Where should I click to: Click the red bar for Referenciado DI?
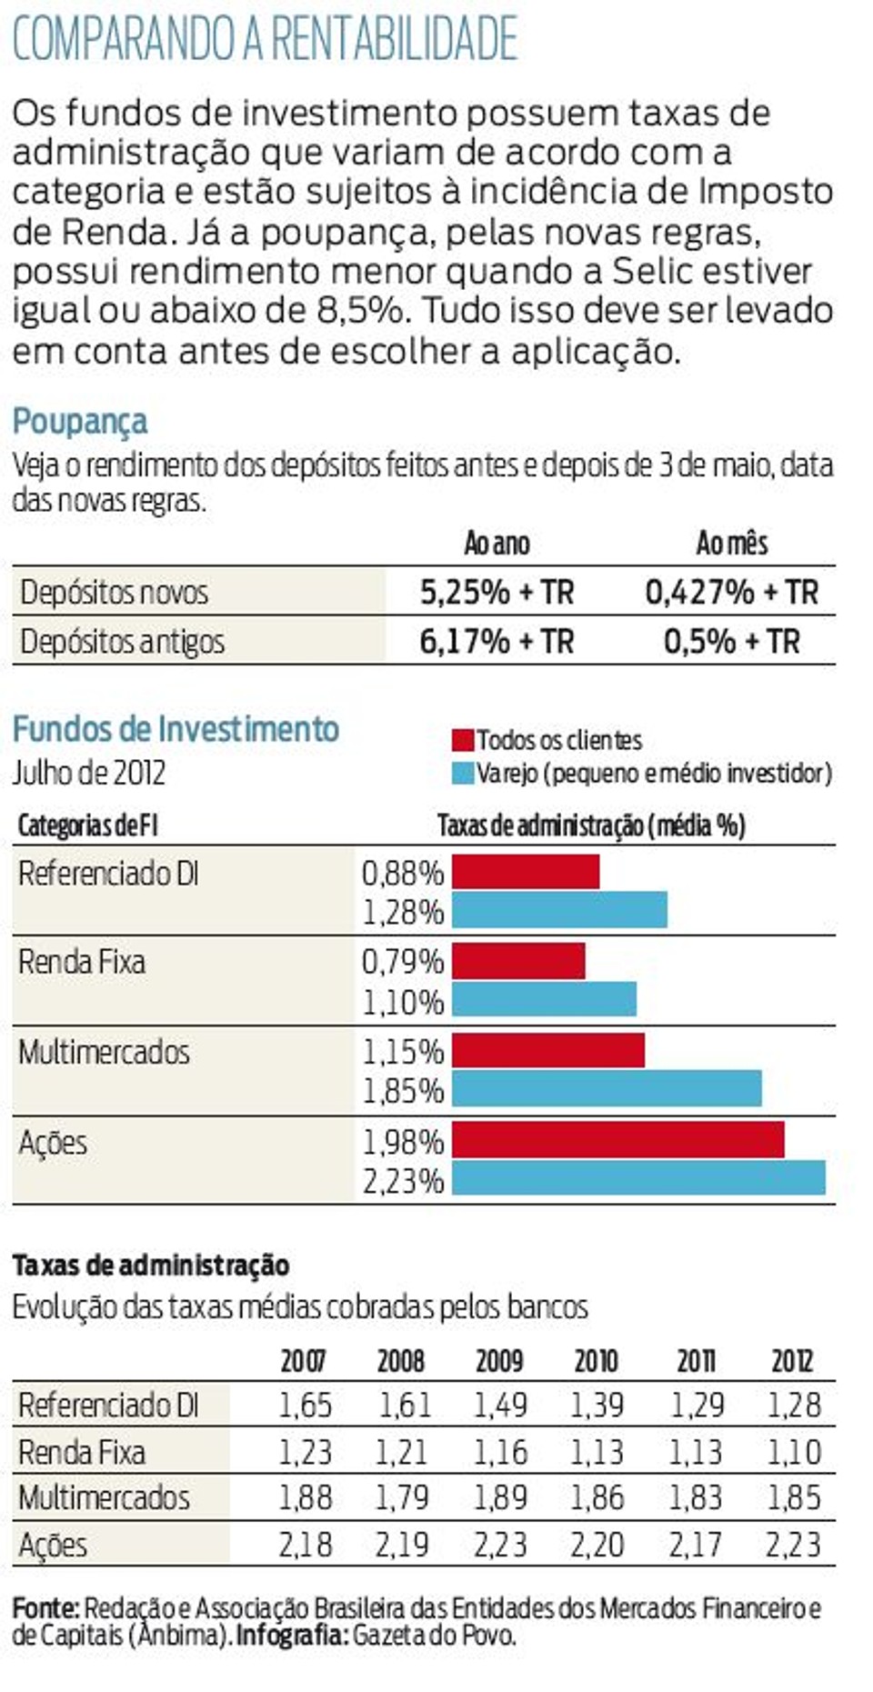(526, 872)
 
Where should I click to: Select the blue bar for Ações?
(638, 1178)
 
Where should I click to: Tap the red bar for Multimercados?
(548, 1050)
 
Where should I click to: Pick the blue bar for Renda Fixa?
(544, 999)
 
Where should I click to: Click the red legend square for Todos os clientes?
(463, 740)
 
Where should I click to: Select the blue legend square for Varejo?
(463, 774)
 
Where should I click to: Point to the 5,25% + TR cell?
(497, 593)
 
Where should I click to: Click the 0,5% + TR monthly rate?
(731, 642)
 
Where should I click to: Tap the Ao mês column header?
(731, 544)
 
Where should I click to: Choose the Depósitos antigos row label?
(122, 642)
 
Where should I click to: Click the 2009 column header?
(499, 1361)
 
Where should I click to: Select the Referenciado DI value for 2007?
(305, 1406)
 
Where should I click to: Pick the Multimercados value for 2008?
(402, 1497)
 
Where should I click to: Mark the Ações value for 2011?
(696, 1545)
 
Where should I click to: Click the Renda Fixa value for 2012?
(793, 1452)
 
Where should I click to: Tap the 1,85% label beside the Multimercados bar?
(403, 1090)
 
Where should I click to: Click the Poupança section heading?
(80, 422)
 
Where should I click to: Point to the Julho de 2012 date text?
(89, 774)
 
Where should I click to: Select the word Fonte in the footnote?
(44, 1608)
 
